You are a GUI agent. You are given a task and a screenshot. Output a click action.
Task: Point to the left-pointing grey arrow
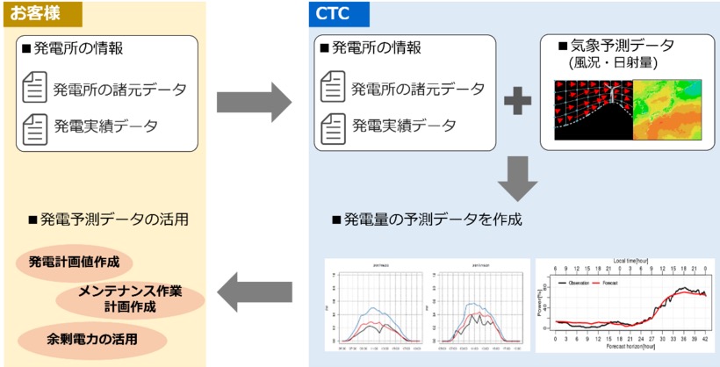pyautogui.click(x=254, y=291)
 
